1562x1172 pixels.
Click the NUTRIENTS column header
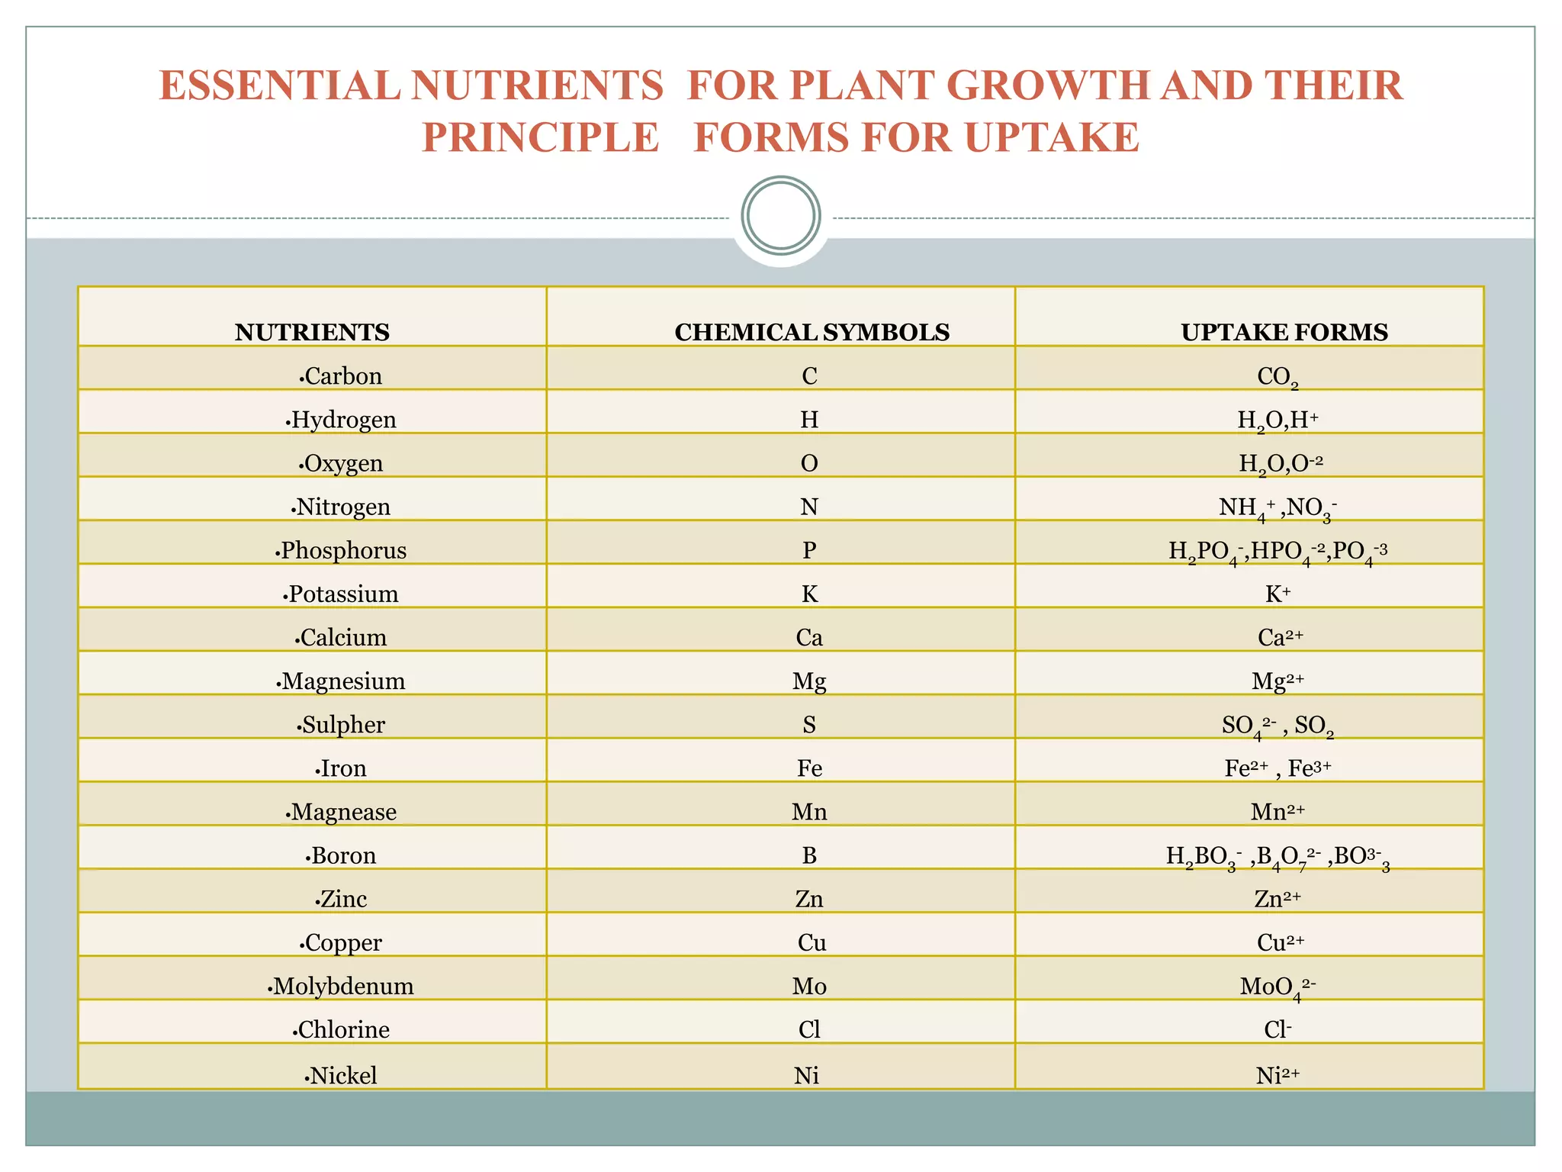pyautogui.click(x=312, y=333)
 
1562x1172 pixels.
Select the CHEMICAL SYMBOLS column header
pyautogui.click(x=812, y=333)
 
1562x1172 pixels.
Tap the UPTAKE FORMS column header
pyautogui.click(x=1284, y=333)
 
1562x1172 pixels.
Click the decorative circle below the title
pyautogui.click(x=780, y=216)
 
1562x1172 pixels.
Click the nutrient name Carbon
pyautogui.click(x=342, y=376)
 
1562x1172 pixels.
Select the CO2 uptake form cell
pyautogui.click(x=1278, y=377)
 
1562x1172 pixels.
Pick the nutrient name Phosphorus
pyautogui.click(x=342, y=550)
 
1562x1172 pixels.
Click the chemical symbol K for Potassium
pyautogui.click(x=809, y=594)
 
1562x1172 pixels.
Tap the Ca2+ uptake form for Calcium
pyautogui.click(x=1280, y=637)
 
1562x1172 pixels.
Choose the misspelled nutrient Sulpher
pyautogui.click(x=342, y=724)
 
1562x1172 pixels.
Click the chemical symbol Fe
pyautogui.click(x=809, y=768)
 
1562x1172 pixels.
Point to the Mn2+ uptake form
pyautogui.click(x=1278, y=811)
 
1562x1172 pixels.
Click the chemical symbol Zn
pyautogui.click(x=809, y=899)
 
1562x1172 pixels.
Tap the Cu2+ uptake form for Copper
pyautogui.click(x=1280, y=942)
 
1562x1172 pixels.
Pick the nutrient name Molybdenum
pyautogui.click(x=342, y=986)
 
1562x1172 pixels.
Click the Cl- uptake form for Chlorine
pyautogui.click(x=1278, y=1029)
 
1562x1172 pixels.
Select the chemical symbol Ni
pyautogui.click(x=806, y=1075)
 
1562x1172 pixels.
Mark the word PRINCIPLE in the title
pyautogui.click(x=540, y=138)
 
